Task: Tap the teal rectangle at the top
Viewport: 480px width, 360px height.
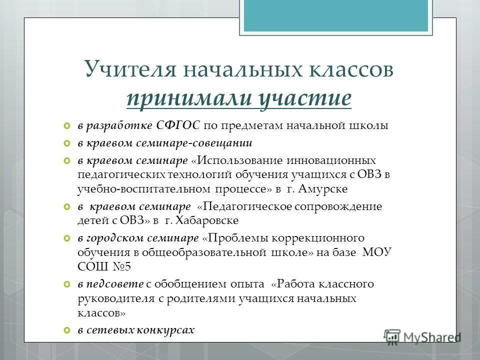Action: (x=335, y=15)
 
